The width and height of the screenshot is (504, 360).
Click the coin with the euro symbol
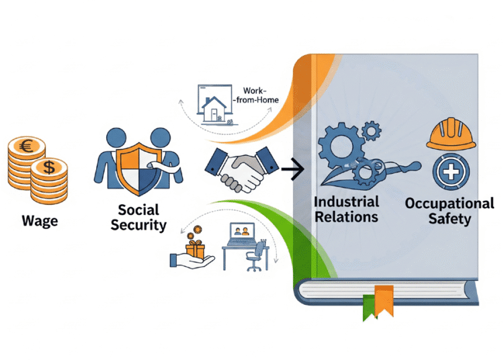coord(26,146)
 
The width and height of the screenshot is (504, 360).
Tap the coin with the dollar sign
coord(50,169)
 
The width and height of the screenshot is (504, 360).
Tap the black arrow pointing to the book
coord(290,171)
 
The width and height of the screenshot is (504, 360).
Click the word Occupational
coord(449,203)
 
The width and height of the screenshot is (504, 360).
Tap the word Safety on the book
coord(448,218)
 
